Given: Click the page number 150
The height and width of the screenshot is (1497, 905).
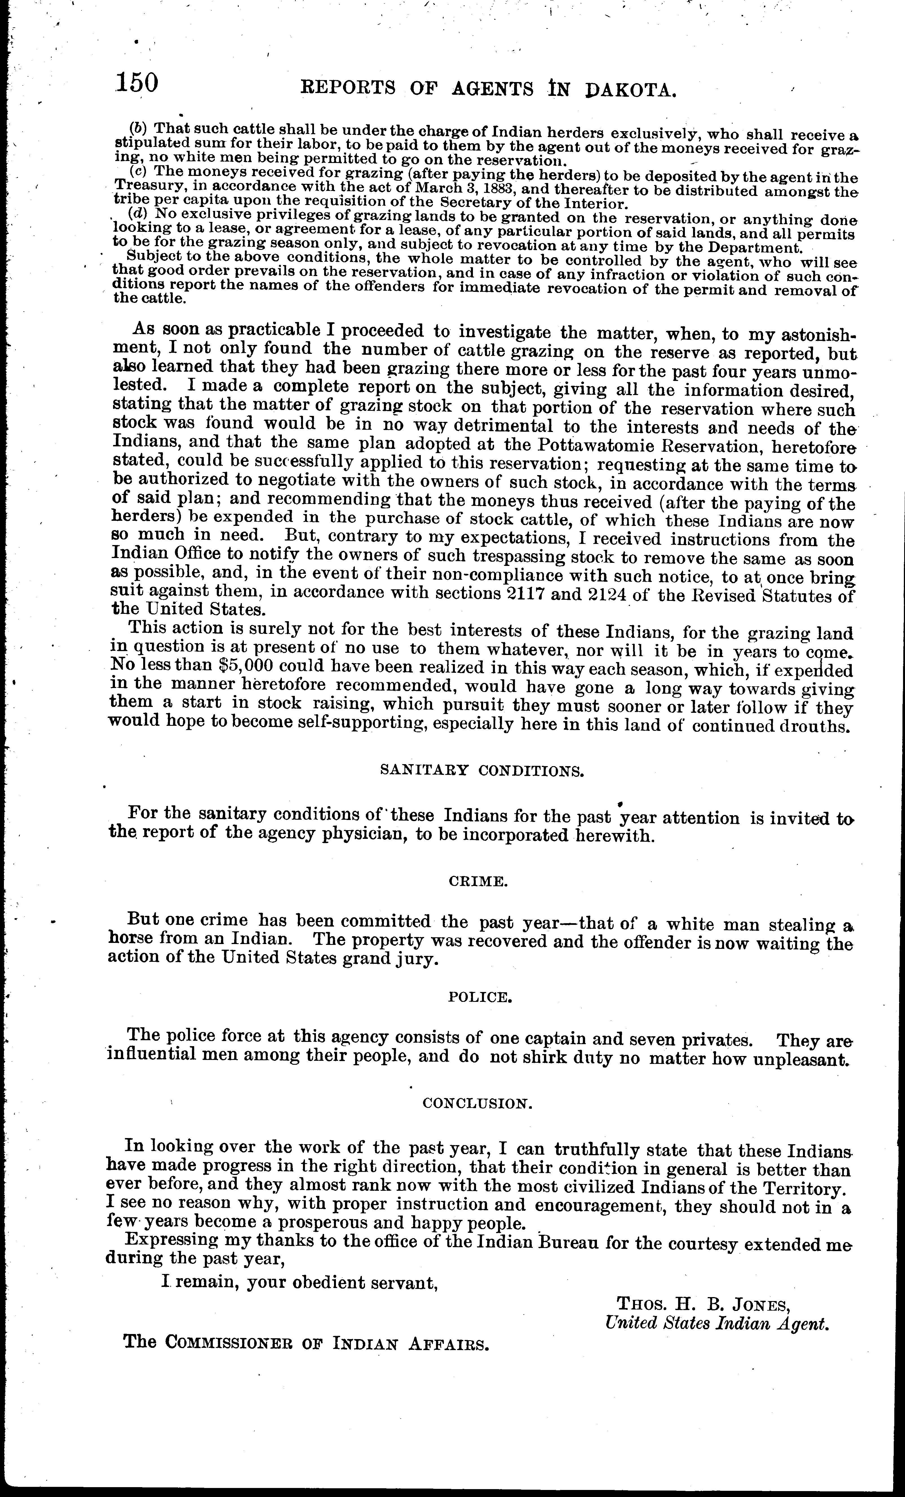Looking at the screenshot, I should pos(138,83).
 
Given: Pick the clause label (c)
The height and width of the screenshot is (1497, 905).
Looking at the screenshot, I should pos(140,172).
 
